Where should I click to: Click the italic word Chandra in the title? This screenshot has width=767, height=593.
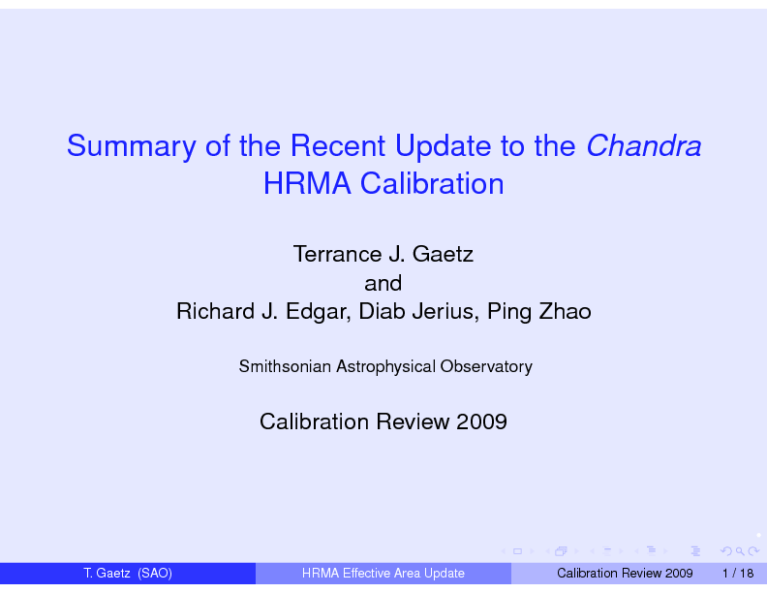pos(643,145)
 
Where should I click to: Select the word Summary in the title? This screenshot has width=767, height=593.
pos(131,146)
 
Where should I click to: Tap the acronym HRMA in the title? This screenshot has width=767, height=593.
pos(307,184)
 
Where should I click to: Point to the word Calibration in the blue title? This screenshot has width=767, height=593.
pos(432,184)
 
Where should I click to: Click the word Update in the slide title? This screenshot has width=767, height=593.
pos(443,146)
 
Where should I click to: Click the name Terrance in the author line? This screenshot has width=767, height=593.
pos(337,254)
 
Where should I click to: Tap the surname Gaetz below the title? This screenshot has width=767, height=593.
pos(443,254)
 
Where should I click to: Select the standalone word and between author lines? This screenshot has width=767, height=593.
pos(383,283)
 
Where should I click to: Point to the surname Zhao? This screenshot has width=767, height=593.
pos(565,311)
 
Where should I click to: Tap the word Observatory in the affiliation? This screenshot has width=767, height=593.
pos(486,367)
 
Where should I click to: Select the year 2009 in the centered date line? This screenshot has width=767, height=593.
pos(481,421)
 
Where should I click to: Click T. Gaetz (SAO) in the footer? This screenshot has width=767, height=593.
pos(128,574)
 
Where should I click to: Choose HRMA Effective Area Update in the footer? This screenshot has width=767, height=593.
pos(383,574)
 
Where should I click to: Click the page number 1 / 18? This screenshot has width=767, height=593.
pos(738,574)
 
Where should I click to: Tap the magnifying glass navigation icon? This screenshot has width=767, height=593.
pos(740,551)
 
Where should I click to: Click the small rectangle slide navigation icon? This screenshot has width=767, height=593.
pos(517,551)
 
